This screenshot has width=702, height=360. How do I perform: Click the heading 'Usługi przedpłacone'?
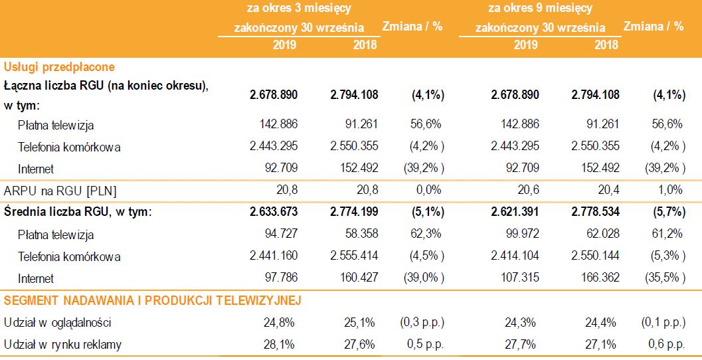[x=59, y=67]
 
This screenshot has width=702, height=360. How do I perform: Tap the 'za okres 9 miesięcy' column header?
[x=540, y=9]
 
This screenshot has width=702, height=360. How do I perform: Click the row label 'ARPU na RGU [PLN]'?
[x=60, y=191]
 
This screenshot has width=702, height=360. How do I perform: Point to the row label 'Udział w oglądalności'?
[x=57, y=323]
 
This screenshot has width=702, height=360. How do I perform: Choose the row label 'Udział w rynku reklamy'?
[x=62, y=344]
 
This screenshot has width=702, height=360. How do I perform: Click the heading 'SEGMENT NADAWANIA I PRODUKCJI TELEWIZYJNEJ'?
[x=153, y=301]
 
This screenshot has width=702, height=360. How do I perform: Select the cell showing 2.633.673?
[x=274, y=213]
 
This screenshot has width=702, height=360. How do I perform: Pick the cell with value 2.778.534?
[x=595, y=213]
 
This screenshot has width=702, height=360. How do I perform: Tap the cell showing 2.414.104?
[x=515, y=256]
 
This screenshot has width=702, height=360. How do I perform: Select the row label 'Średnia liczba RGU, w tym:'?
[x=78, y=213]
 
